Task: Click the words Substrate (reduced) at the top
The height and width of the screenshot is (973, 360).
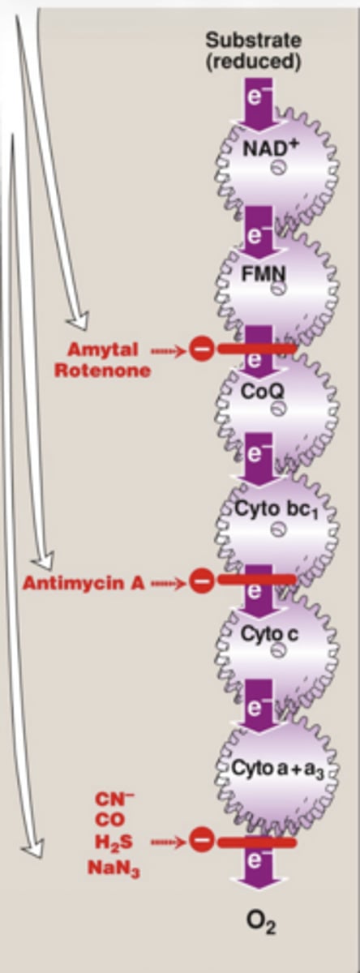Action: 254,51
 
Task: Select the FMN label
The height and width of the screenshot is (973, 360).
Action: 264,274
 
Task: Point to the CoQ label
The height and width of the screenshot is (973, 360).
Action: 263,392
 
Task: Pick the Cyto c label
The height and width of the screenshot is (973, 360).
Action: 270,635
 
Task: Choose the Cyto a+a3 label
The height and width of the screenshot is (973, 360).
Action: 277,769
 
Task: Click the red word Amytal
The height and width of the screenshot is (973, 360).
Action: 103,349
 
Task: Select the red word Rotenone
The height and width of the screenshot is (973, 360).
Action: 103,371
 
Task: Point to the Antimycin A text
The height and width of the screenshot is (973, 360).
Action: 84,583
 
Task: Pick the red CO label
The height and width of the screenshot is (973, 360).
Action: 110,820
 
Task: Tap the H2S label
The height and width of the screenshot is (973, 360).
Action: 114,842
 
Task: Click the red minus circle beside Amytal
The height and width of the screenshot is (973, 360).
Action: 201,349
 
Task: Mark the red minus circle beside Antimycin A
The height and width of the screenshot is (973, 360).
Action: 201,581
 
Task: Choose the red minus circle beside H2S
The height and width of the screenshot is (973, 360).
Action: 201,841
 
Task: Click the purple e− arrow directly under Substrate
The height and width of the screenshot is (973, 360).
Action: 260,104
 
